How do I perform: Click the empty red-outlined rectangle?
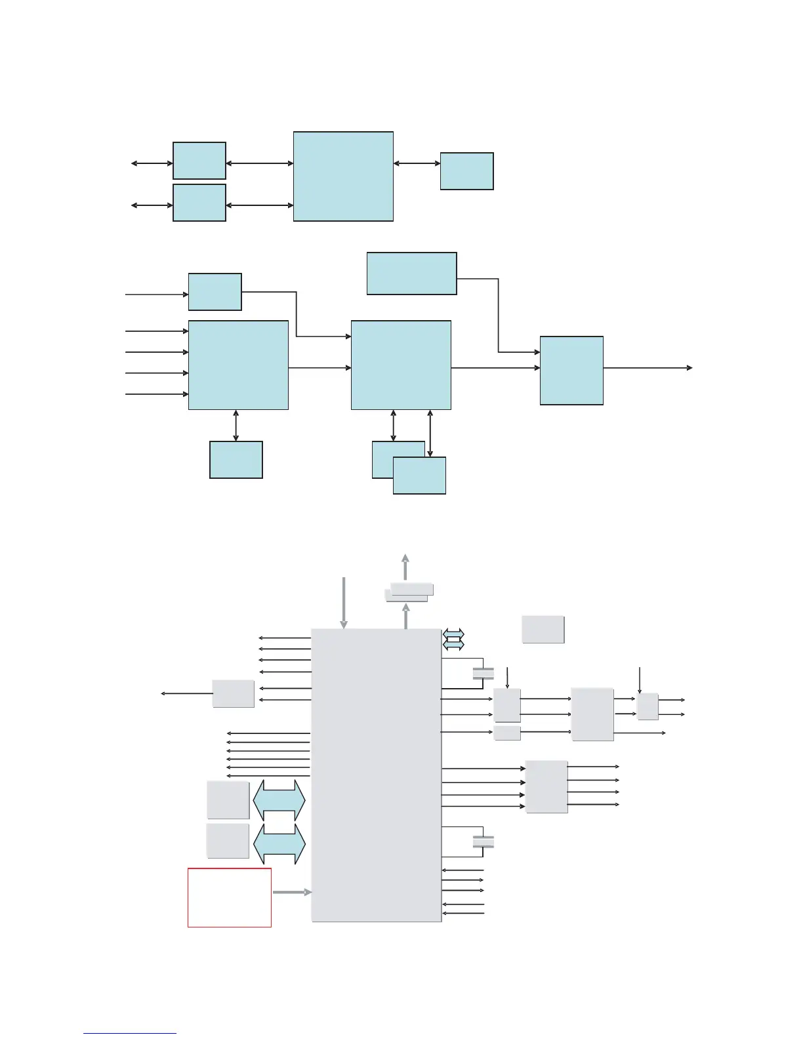pos(230,897)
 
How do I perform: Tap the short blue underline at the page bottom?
pos(130,1033)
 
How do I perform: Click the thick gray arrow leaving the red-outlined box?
pos(291,892)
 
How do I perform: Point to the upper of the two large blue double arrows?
pos(279,800)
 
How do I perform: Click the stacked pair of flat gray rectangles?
pos(408,591)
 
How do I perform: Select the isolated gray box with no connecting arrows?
pos(543,629)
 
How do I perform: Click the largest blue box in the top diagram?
pos(343,176)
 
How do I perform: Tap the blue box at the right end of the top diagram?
pos(466,171)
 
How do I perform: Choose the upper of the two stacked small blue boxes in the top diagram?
pos(199,161)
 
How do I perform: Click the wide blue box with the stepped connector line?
pos(411,274)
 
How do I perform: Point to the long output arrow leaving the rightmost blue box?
pos(647,368)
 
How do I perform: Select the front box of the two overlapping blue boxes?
pos(419,476)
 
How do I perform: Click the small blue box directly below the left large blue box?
pos(236,460)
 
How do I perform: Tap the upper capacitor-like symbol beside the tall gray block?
pos(483,673)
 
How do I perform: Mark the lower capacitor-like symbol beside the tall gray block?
pos(483,842)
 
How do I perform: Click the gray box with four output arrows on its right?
pos(546,786)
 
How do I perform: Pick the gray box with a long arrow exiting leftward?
pos(233,693)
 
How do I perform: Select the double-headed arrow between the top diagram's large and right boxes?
pos(417,163)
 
